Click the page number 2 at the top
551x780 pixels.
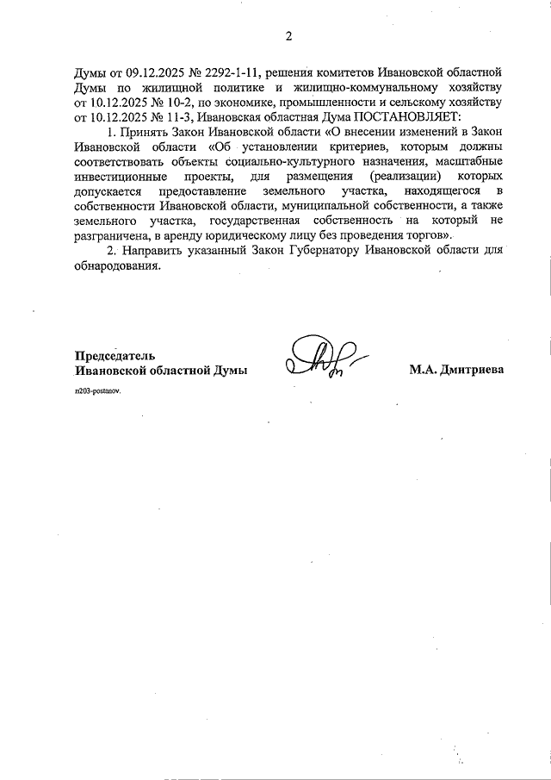tap(289, 36)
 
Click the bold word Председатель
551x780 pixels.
tap(115, 355)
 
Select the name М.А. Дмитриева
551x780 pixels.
tap(456, 370)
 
